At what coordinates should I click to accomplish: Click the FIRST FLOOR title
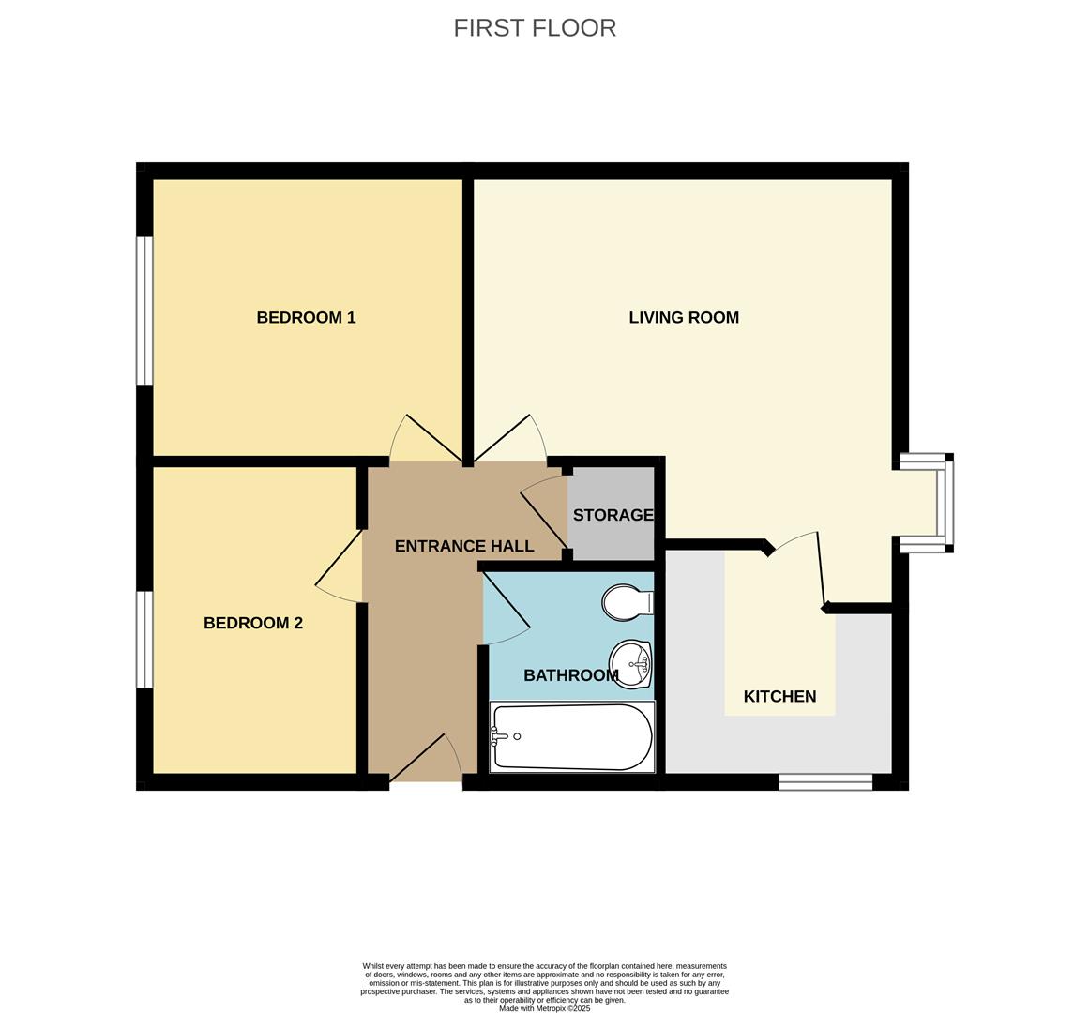point(535,28)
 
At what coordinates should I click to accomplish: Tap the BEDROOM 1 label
point(306,317)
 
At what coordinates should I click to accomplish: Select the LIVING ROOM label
point(684,317)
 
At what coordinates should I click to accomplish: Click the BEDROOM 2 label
point(253,623)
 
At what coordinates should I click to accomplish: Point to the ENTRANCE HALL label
point(464,546)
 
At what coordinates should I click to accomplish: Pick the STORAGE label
point(613,515)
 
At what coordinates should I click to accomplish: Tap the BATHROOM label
point(570,675)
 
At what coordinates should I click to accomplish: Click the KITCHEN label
point(779,696)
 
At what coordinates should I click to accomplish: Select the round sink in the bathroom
point(631,664)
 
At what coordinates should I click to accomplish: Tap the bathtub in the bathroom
point(571,737)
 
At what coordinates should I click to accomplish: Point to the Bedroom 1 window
point(144,310)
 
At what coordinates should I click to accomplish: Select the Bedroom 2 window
point(144,639)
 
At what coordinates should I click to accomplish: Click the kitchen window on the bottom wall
point(825,781)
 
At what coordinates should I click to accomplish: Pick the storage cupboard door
point(542,511)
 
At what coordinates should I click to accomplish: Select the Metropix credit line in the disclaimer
point(544,1009)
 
